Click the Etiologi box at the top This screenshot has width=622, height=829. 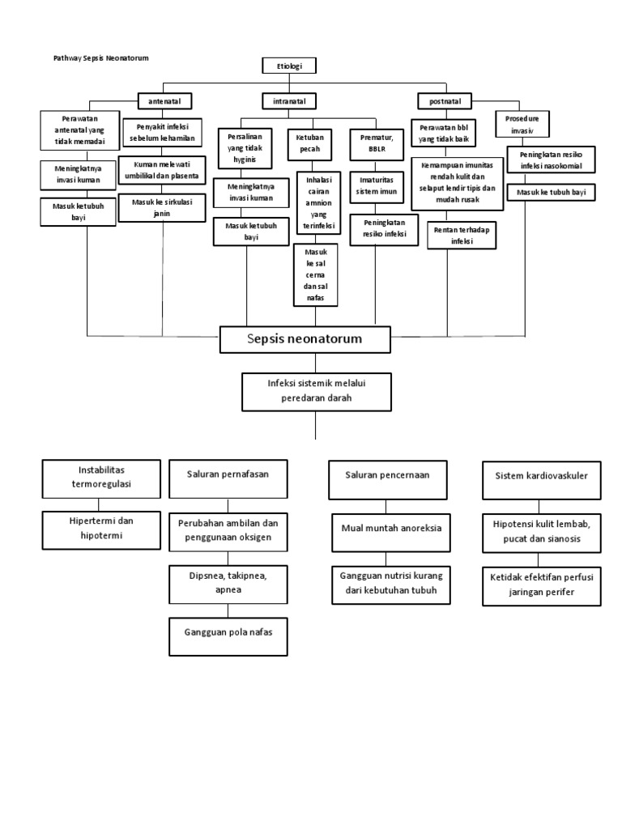coord(289,66)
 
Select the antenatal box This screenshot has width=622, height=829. coord(164,101)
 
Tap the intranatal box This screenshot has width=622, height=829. coord(289,101)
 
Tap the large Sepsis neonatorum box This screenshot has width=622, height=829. coord(305,339)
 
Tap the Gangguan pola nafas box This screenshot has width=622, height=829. coord(227,636)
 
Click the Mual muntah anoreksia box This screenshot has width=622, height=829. coord(390,529)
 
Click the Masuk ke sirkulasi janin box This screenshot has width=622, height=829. coord(164,206)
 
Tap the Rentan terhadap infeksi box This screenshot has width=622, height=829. coord(461,234)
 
